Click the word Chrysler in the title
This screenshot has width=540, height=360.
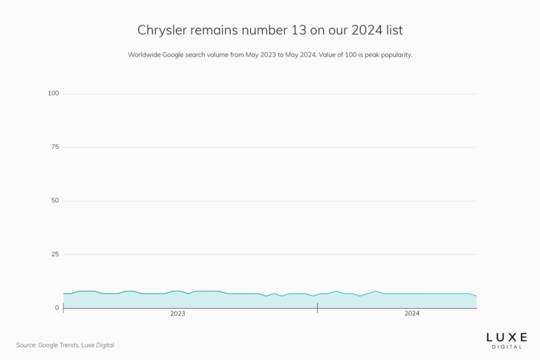pos(161,31)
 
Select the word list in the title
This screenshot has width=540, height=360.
pos(390,31)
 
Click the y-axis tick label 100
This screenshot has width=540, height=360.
pos(53,93)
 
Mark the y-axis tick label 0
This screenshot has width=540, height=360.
pos(57,308)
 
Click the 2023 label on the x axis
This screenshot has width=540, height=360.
pos(178,314)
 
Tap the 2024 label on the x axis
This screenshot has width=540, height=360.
pos(412,314)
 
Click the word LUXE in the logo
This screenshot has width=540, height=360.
pos(506,337)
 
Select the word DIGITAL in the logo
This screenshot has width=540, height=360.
pos(506,346)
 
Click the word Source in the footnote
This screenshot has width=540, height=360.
pos(27,345)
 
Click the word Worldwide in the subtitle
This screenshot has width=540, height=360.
pos(145,55)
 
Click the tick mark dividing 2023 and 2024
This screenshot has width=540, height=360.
pos(317,308)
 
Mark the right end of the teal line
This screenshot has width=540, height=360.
pos(476,296)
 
